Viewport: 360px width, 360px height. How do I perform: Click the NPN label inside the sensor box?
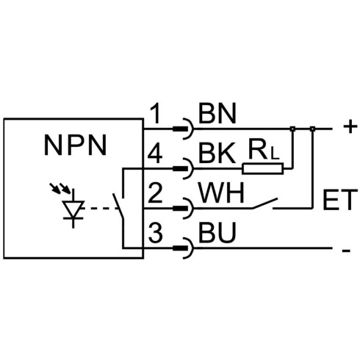click(76, 145)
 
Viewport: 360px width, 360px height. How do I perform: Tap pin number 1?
click(156, 113)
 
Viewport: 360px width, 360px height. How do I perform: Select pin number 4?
click(155, 154)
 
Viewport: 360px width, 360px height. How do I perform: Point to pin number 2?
click(155, 192)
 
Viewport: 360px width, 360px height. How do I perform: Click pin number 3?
click(156, 232)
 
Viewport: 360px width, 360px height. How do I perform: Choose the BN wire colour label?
click(217, 113)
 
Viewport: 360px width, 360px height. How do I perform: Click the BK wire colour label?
click(217, 154)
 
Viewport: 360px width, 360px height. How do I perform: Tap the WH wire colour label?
click(221, 192)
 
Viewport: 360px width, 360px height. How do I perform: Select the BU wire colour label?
click(217, 232)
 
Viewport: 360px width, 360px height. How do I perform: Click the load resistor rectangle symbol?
click(263, 168)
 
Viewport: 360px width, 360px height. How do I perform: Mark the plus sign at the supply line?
click(350, 127)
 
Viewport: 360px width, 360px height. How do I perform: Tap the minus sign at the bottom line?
click(346, 251)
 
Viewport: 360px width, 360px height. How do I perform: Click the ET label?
click(340, 200)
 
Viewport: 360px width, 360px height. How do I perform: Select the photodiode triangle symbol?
click(73, 209)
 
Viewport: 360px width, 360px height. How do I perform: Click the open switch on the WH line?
click(265, 204)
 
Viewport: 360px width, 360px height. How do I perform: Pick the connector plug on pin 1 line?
click(183, 129)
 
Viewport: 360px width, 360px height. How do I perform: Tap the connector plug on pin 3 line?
click(183, 248)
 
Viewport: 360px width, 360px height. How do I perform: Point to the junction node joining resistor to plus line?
click(292, 129)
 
